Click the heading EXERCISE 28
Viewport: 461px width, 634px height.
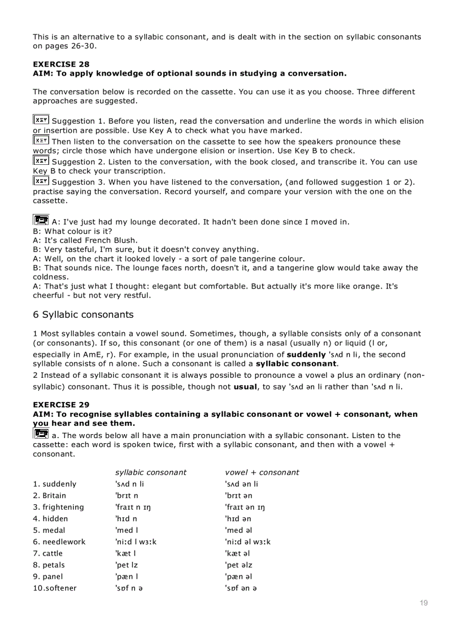(61, 64)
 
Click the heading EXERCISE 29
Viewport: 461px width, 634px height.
(61, 405)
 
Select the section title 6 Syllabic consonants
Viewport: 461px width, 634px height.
(83, 314)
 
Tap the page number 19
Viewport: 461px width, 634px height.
(424, 603)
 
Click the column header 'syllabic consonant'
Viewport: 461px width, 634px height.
(151, 473)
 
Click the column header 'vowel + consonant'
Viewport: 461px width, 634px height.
(262, 473)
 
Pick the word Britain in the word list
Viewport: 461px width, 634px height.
(54, 496)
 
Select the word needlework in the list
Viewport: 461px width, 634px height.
(64, 542)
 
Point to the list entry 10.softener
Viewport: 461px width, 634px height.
(55, 588)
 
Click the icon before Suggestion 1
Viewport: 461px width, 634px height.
(41, 120)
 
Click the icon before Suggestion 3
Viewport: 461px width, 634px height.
(41, 181)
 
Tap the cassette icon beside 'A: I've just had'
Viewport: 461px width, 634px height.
(41, 220)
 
